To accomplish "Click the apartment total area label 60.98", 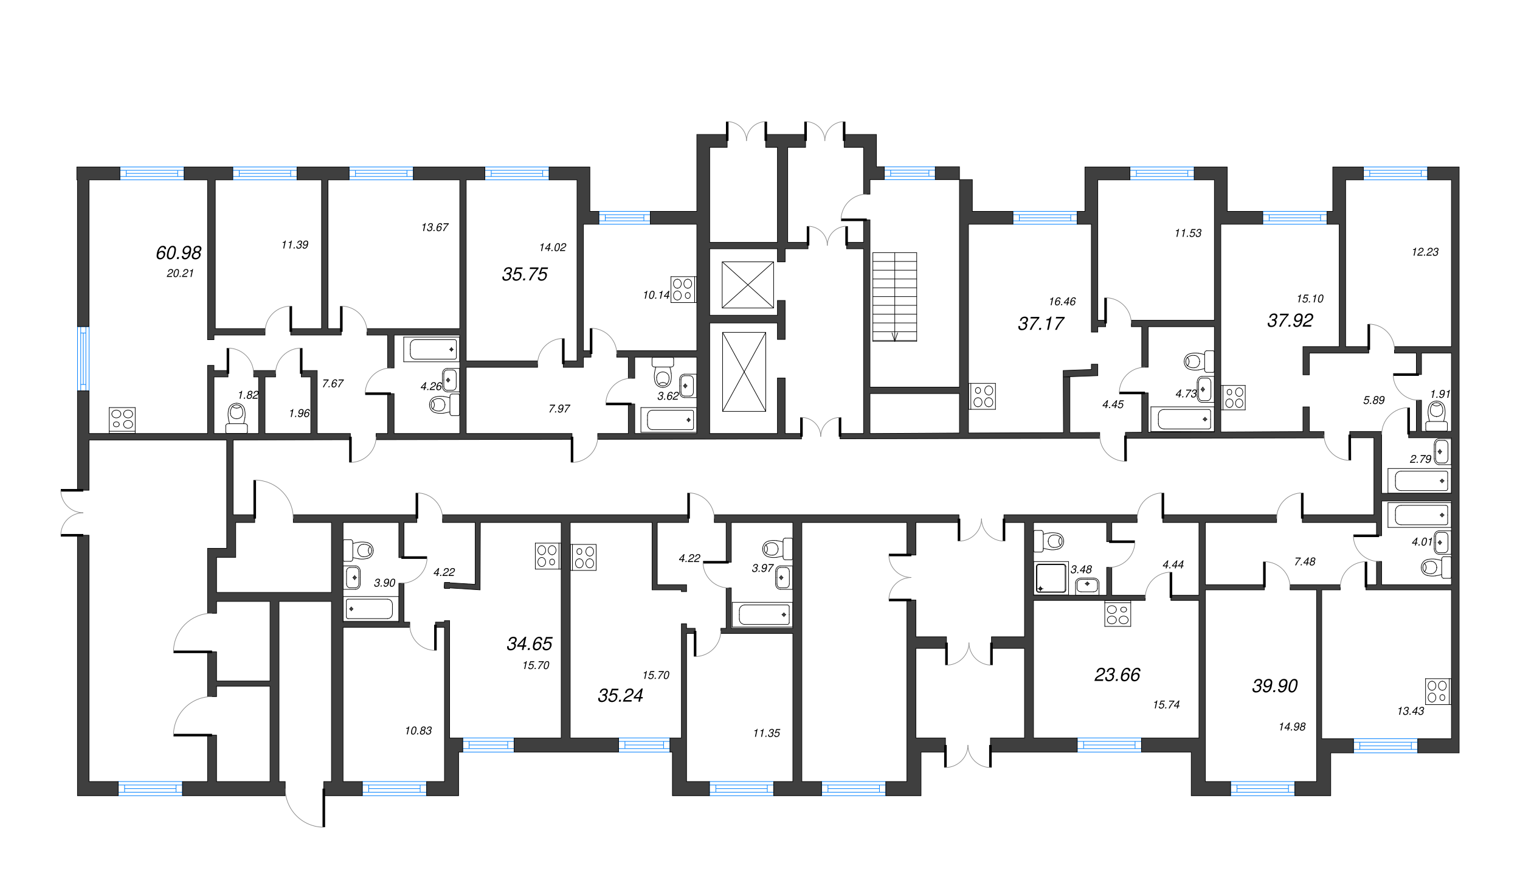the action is pyautogui.click(x=178, y=252).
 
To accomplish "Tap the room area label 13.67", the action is pyautogui.click(x=435, y=227).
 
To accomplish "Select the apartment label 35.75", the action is pyautogui.click(x=525, y=274).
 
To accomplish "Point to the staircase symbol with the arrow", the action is pyautogui.click(x=894, y=297).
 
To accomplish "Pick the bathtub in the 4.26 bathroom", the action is pyautogui.click(x=432, y=350).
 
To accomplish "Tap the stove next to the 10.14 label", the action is pyautogui.click(x=683, y=290).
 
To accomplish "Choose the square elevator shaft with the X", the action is pyautogui.click(x=748, y=285).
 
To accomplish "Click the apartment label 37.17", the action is pyautogui.click(x=1041, y=324).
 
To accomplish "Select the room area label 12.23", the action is pyautogui.click(x=1425, y=252).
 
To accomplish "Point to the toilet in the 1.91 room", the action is pyautogui.click(x=1437, y=416).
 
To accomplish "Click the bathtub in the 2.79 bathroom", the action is pyautogui.click(x=1420, y=480).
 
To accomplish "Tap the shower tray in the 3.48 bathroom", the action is pyautogui.click(x=1051, y=577).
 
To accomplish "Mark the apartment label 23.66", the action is pyautogui.click(x=1118, y=675).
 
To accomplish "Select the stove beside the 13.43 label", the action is pyautogui.click(x=1438, y=692).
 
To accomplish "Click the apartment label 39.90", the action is pyautogui.click(x=1275, y=685).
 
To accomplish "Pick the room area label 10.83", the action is pyautogui.click(x=418, y=730).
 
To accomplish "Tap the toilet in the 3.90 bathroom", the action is pyautogui.click(x=359, y=550).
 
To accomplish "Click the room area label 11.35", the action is pyautogui.click(x=766, y=733).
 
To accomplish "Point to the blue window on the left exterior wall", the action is pyautogui.click(x=83, y=358).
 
